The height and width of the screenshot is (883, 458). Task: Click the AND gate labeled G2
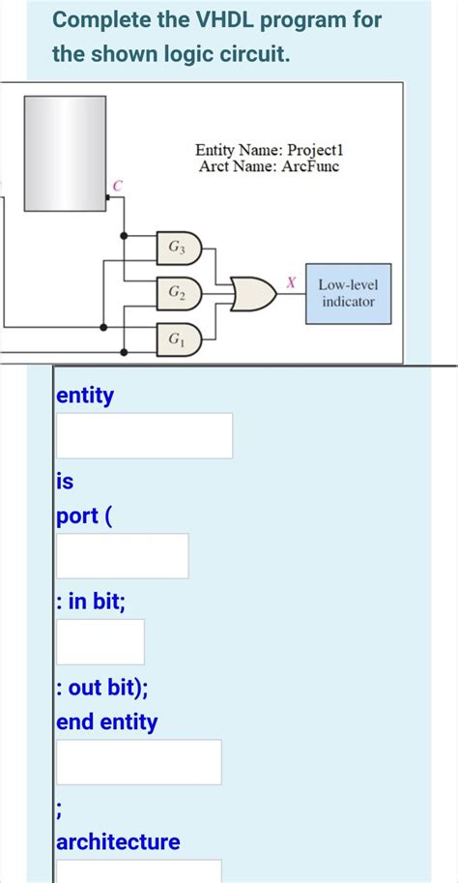tap(180, 291)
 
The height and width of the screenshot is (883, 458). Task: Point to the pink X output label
tap(290, 281)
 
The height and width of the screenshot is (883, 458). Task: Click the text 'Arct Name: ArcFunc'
tap(269, 166)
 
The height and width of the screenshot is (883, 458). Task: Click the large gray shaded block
tap(64, 153)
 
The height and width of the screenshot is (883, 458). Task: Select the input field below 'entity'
tap(144, 435)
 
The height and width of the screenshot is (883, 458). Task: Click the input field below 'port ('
tap(122, 555)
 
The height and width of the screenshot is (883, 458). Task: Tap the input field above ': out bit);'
tap(100, 641)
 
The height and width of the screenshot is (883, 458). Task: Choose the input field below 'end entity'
tap(138, 761)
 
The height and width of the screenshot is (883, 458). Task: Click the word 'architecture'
tap(118, 841)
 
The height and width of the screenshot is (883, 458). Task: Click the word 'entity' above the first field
tap(85, 396)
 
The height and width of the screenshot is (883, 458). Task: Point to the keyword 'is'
tap(65, 480)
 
